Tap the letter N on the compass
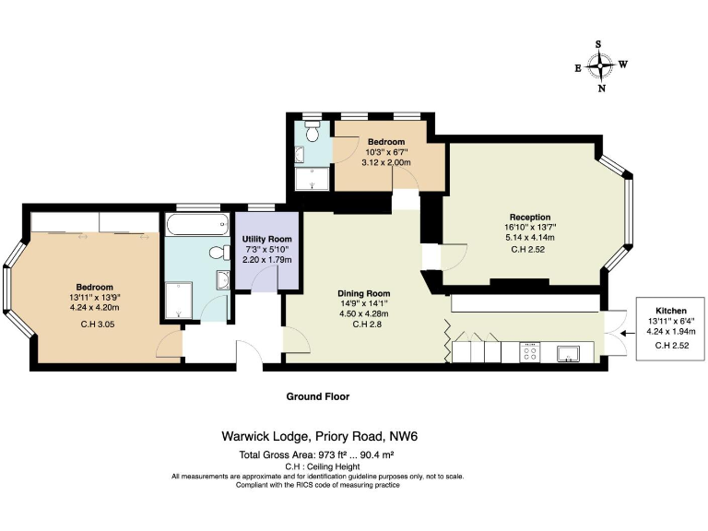click(601, 89)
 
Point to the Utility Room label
click(266, 239)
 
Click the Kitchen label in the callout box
click(670, 310)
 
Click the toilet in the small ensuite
click(313, 132)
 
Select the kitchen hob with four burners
click(532, 351)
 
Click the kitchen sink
click(568, 351)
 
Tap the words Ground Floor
click(317, 396)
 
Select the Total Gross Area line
click(317, 455)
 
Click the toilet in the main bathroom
click(218, 252)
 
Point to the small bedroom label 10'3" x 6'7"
click(386, 152)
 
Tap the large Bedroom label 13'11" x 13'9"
click(95, 298)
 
